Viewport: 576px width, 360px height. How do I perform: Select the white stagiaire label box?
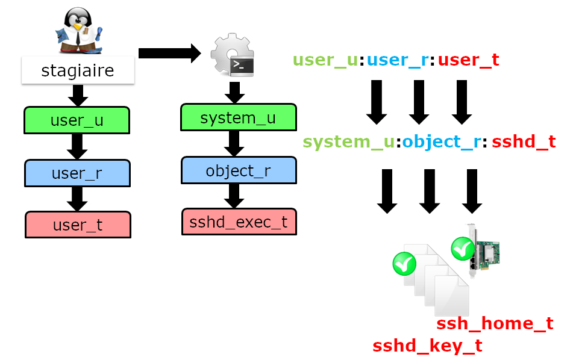click(77, 71)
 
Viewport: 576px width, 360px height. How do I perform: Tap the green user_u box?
click(77, 120)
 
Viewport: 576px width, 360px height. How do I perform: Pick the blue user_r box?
click(77, 173)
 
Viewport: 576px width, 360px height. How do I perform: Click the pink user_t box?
click(78, 225)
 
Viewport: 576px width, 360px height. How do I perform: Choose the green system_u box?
click(238, 117)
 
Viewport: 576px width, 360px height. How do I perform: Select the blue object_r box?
click(239, 170)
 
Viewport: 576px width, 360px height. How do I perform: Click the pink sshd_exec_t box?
click(239, 222)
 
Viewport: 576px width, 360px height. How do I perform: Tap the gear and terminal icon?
click(233, 55)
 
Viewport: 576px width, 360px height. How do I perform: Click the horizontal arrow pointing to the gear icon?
click(169, 53)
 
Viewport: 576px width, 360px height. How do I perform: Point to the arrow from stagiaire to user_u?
click(77, 95)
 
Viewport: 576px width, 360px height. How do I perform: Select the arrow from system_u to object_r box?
click(234, 144)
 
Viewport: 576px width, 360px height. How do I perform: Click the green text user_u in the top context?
click(325, 60)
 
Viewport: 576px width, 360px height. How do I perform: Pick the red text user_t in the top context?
click(468, 60)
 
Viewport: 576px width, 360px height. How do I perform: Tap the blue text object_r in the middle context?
click(441, 142)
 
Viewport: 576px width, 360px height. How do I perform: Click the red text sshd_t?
click(524, 142)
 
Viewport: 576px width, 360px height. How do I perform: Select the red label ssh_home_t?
click(495, 324)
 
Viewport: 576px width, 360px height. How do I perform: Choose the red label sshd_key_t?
click(427, 346)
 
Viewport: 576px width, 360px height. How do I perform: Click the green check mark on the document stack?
click(404, 264)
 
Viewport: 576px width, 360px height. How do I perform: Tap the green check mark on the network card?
click(463, 247)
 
